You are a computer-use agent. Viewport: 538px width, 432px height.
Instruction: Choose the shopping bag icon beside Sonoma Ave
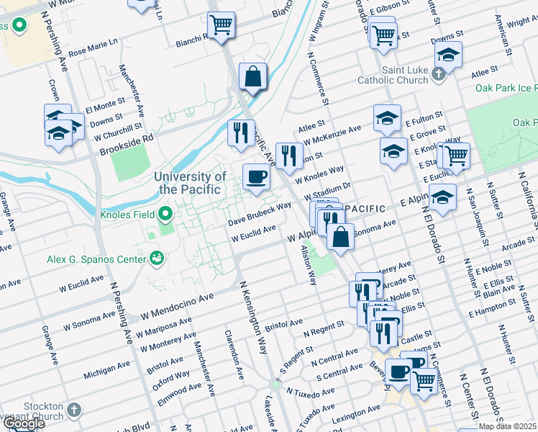(340, 235)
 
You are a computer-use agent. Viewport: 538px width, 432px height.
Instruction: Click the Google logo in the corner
(24, 423)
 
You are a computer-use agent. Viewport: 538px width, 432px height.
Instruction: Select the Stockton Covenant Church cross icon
(73, 411)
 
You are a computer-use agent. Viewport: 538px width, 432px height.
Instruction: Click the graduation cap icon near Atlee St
(448, 54)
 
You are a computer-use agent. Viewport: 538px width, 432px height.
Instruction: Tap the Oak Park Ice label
(506, 88)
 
